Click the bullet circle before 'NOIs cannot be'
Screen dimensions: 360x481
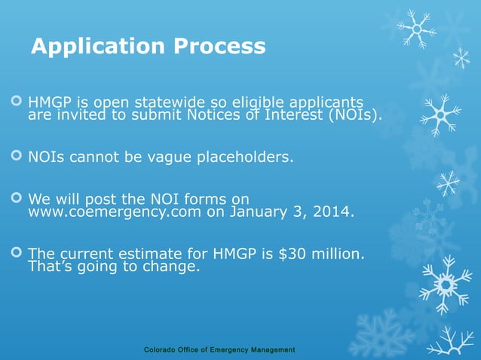point(15,158)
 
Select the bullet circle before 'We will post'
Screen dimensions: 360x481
point(15,200)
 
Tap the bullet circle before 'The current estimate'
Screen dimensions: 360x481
point(15,255)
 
